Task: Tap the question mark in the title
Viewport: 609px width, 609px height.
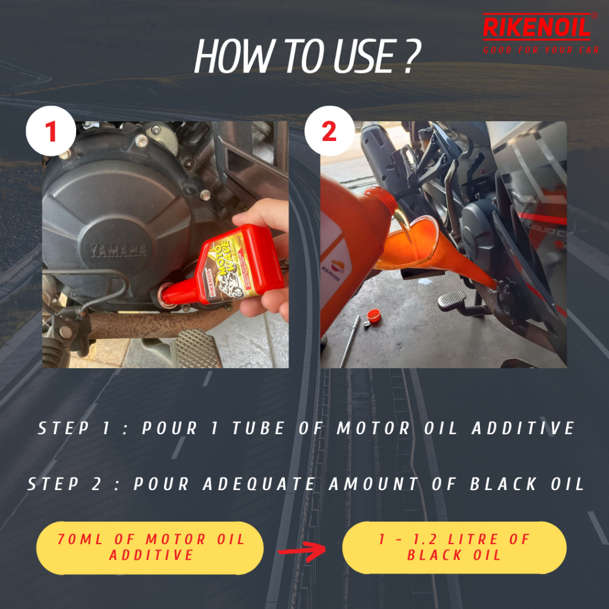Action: click(x=413, y=56)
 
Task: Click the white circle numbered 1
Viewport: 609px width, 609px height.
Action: click(x=51, y=131)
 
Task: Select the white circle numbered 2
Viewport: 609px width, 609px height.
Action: click(x=329, y=131)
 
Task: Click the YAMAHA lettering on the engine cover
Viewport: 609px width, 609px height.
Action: click(x=118, y=250)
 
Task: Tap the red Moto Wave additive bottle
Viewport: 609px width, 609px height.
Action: click(x=226, y=268)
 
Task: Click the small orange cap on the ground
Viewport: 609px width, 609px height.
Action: click(x=373, y=316)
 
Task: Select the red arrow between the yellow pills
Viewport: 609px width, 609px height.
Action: click(x=302, y=551)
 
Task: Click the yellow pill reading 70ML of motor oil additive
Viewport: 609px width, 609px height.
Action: click(x=150, y=548)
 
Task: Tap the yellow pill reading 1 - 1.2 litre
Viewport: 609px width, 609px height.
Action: click(x=454, y=548)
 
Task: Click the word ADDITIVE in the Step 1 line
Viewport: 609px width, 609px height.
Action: click(x=523, y=428)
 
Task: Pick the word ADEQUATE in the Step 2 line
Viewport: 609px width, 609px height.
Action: click(x=259, y=484)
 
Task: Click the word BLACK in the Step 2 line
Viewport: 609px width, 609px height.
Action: click(x=503, y=484)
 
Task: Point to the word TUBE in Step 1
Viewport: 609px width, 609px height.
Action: click(x=258, y=428)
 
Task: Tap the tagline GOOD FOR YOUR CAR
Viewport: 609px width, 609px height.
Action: click(x=541, y=50)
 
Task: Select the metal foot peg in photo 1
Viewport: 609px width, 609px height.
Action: click(x=196, y=349)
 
